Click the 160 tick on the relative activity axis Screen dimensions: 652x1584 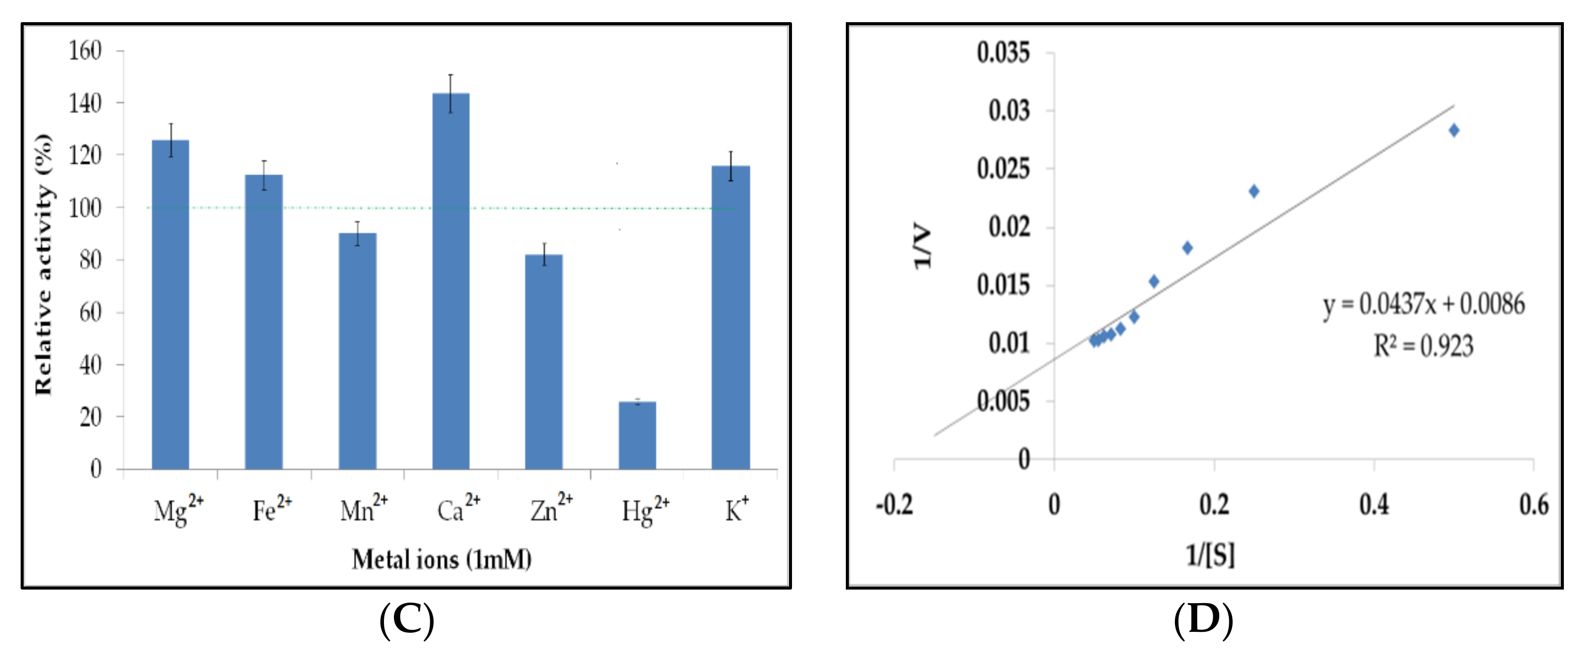[85, 50]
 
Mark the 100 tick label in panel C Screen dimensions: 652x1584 [85, 208]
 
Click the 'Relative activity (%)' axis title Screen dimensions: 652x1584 [44, 264]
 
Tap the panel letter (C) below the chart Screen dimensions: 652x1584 [407, 620]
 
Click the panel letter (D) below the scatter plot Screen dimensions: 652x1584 [1203, 620]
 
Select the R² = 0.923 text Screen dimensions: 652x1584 [1423, 346]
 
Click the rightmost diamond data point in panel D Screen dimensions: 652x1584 [1454, 130]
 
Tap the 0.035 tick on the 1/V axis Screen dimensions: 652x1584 [1003, 53]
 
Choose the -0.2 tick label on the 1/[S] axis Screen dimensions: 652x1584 [894, 505]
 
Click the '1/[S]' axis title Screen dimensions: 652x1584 [1210, 555]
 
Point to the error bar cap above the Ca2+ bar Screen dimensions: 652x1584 [451, 75]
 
